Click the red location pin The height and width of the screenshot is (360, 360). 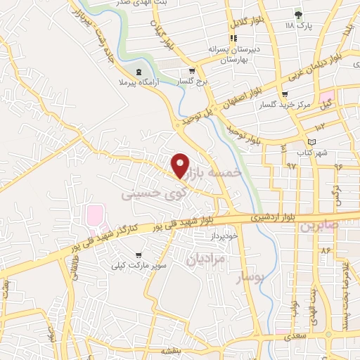[x=181, y=165]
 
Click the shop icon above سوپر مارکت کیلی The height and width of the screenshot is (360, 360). [x=137, y=255]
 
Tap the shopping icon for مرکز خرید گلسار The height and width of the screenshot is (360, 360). [x=284, y=94]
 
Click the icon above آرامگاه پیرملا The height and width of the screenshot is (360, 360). [x=139, y=72]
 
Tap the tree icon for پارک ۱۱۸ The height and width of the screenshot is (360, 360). [x=299, y=14]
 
